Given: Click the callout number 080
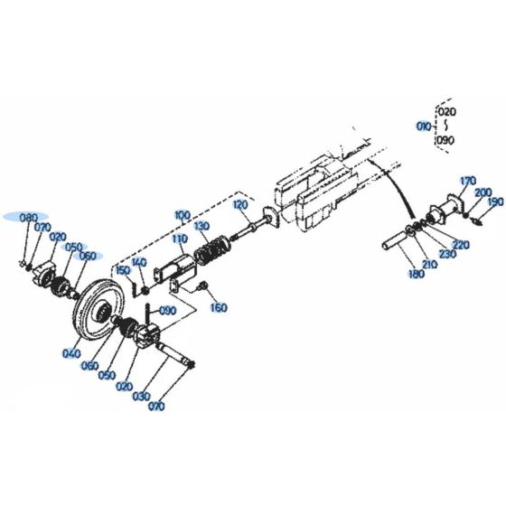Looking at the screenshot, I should coord(28,218).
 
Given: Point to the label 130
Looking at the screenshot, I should coord(201,225).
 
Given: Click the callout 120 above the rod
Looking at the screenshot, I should coord(239,206).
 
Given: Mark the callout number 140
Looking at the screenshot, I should coord(138,262).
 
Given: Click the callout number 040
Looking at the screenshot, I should coord(70,353).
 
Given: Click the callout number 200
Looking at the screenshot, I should coord(483,192).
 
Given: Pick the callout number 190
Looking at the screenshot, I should coord(495,202).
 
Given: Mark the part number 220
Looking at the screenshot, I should coord(461,245).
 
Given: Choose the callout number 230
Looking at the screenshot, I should coord(449,255).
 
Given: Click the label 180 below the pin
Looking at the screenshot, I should coord(415,274).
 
